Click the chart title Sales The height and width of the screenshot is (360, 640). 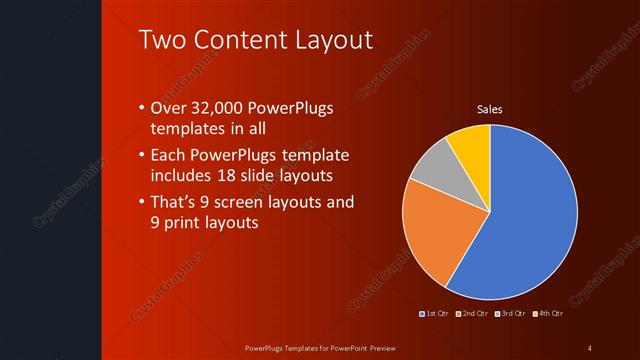coord(489,109)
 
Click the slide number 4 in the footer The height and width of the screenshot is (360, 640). coord(590,347)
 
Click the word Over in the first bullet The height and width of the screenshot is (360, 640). coord(167,108)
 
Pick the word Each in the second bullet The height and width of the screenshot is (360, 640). coord(167,155)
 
